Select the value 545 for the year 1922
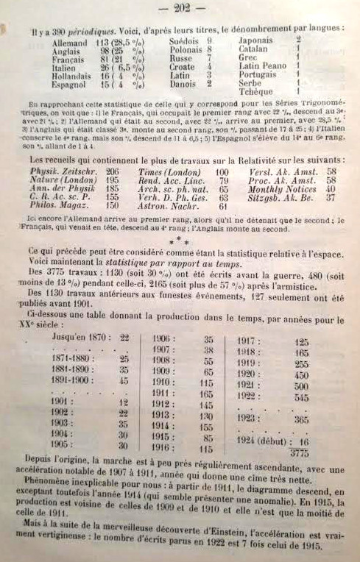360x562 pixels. (x=301, y=396)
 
